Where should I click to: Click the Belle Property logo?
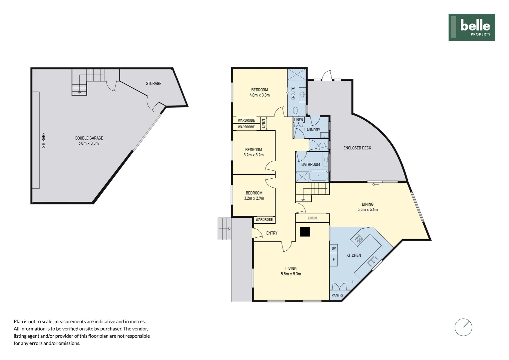[x=472, y=27]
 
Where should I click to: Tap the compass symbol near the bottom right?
[x=463, y=327]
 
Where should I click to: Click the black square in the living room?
[x=305, y=232]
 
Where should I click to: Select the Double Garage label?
[x=89, y=138]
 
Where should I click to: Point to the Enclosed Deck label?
[x=357, y=148]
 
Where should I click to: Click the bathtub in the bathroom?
[x=318, y=176]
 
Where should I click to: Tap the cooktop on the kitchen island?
[x=358, y=239]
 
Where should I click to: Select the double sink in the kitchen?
[x=373, y=261]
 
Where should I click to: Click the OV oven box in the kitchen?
[x=333, y=248]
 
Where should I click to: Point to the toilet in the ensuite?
[x=295, y=111]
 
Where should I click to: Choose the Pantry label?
[x=337, y=295]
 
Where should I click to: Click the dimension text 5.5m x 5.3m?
[x=291, y=274]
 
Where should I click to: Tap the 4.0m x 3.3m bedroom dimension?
[x=259, y=95]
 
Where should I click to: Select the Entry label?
[x=272, y=233]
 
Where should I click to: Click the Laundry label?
[x=312, y=130]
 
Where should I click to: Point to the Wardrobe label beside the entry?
[x=264, y=219]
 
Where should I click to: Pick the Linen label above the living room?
[x=312, y=218]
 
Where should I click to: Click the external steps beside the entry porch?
[x=225, y=229]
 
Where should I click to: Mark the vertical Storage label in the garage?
[x=44, y=140]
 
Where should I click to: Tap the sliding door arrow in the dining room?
[x=375, y=185]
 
